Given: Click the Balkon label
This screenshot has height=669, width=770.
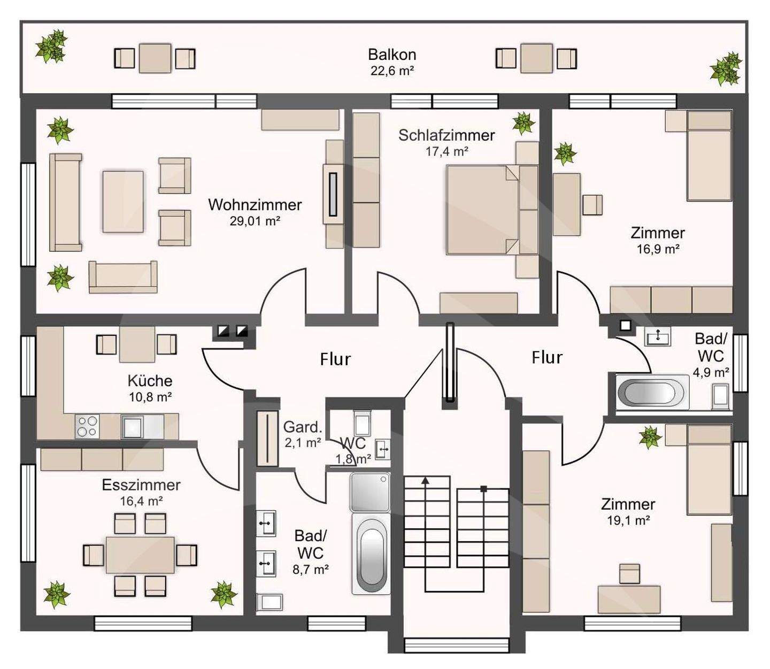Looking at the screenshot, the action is (x=392, y=55).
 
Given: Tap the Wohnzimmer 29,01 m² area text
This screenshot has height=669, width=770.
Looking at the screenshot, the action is (x=255, y=221).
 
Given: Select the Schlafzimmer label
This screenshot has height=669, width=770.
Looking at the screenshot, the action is (x=446, y=135).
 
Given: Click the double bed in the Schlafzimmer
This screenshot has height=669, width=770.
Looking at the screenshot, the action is (x=492, y=210).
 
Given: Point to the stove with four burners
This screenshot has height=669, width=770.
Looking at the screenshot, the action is (x=87, y=426).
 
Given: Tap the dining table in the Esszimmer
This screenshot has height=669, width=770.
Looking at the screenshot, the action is (x=140, y=555).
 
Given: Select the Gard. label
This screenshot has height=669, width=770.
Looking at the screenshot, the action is (x=303, y=427).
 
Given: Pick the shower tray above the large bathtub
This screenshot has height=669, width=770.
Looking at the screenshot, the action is (x=369, y=492).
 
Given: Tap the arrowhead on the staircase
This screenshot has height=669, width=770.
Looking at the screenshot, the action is (x=425, y=480).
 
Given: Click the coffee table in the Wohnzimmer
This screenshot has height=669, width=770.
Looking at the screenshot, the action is (x=122, y=202).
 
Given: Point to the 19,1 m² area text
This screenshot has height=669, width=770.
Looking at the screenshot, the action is (x=628, y=521).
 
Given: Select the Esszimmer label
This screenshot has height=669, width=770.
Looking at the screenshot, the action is (x=141, y=485).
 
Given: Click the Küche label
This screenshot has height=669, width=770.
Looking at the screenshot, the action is (x=150, y=381).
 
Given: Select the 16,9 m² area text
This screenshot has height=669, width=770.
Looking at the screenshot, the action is (x=658, y=249).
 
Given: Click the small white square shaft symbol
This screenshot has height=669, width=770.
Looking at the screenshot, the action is (x=625, y=325).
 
